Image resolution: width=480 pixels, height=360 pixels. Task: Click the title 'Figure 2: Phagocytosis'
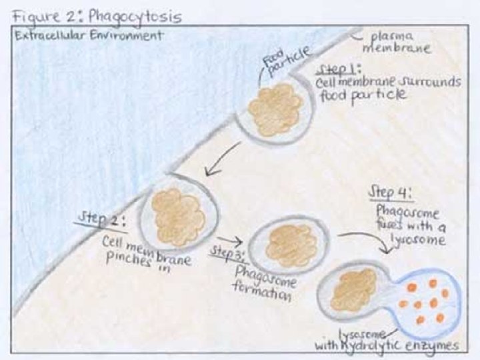pos(97,15)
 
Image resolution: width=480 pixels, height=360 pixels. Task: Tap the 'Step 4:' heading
pos(391,194)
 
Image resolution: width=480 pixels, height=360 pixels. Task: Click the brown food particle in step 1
pos(275,109)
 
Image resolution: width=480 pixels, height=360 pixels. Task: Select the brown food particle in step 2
pos(177,217)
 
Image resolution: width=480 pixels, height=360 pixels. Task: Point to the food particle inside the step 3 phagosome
pos(291,245)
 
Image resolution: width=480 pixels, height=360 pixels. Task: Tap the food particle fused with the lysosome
pos(353,290)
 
